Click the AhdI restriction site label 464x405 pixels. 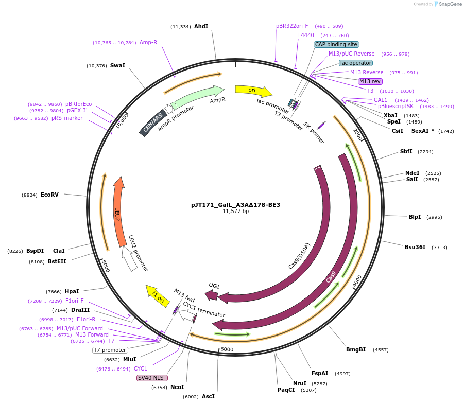click(201, 26)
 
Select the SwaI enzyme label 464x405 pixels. click(117, 65)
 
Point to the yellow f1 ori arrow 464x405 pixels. click(158, 295)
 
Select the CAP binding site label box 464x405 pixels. click(336, 44)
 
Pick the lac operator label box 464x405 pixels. click(356, 63)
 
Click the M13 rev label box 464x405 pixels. click(370, 81)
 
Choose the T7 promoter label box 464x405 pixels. click(110, 350)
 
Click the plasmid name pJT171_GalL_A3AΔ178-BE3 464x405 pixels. click(235, 205)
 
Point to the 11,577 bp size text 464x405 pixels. click(235, 212)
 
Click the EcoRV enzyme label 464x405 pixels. click(49, 195)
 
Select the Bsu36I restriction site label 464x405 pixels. click(415, 247)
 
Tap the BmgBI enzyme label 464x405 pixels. click(356, 349)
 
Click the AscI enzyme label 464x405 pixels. click(208, 396)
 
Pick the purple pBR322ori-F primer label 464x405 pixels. click(292, 26)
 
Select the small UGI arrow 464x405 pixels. click(211, 294)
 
